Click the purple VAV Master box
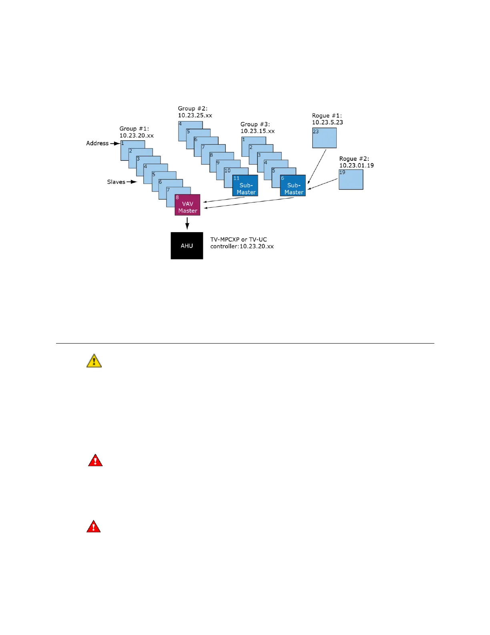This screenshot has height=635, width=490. click(187, 205)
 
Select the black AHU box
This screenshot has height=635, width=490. click(187, 246)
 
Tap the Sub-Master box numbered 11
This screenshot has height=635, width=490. click(245, 186)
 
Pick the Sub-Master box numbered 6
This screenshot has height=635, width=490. click(293, 186)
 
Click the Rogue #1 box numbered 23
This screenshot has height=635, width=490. click(324, 138)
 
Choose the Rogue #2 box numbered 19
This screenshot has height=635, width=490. click(351, 180)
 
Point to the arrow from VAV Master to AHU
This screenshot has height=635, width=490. click(187, 223)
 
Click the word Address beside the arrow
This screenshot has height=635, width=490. click(97, 143)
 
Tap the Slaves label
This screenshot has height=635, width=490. click(116, 182)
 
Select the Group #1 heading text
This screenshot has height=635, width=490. click(134, 129)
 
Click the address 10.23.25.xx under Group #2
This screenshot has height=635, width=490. click(195, 115)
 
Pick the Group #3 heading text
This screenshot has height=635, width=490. click(255, 124)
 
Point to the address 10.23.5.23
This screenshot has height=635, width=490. click(327, 122)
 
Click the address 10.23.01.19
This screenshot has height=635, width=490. click(356, 165)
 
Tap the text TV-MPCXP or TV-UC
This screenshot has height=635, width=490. click(239, 239)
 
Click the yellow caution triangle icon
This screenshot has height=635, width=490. click(94, 361)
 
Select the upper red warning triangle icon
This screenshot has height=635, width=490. click(95, 461)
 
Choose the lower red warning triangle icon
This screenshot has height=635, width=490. click(94, 527)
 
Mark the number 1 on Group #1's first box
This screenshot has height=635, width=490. click(122, 143)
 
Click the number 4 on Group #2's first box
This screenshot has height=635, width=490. click(180, 124)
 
